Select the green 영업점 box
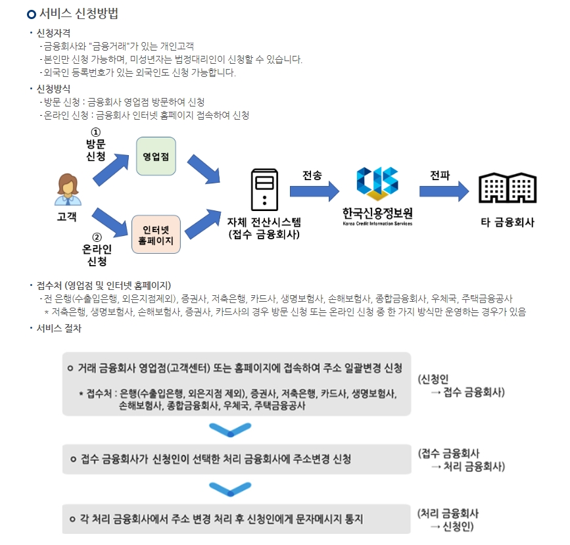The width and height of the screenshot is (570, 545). pos(156,156)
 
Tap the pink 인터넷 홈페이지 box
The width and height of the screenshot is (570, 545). pos(156,235)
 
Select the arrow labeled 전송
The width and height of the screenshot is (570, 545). pos(314,191)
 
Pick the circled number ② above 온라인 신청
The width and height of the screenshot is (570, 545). pos(97,237)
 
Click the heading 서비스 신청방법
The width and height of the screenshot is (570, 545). pos(79,14)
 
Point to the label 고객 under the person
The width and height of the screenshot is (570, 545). pos(67,216)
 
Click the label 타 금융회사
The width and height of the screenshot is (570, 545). pos(508,222)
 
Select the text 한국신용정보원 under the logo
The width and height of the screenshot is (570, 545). pos(377,213)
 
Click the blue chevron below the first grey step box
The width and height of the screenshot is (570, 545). pos(230,431)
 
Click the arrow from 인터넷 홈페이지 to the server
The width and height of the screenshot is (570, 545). pos(204,224)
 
